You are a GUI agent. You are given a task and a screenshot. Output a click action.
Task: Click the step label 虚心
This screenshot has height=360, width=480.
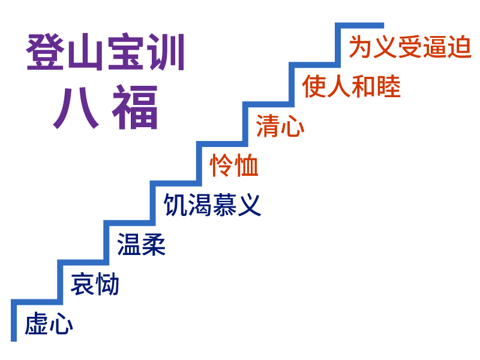(49, 325)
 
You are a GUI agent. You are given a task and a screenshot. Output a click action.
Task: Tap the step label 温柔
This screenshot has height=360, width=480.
(141, 245)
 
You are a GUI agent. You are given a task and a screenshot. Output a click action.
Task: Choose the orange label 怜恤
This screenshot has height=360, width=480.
(234, 166)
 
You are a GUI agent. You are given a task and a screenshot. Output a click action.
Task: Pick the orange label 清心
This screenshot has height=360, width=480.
(280, 126)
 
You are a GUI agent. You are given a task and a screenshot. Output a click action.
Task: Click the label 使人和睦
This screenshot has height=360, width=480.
(351, 86)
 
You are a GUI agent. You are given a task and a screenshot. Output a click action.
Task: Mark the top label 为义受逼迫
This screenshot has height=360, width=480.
(410, 47)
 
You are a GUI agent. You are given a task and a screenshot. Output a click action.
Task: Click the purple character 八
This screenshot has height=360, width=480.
(76, 108)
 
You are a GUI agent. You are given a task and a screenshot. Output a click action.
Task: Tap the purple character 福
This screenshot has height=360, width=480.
(136, 108)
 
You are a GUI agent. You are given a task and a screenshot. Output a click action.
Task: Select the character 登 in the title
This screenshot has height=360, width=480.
(46, 52)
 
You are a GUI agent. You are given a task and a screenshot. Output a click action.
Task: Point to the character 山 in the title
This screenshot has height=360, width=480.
(86, 52)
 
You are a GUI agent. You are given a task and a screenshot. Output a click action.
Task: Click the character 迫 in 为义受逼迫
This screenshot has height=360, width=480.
(460, 47)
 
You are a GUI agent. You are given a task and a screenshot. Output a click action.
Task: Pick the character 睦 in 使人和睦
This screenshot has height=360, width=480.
(389, 86)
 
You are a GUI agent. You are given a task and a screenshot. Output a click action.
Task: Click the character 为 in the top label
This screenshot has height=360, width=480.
(360, 47)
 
